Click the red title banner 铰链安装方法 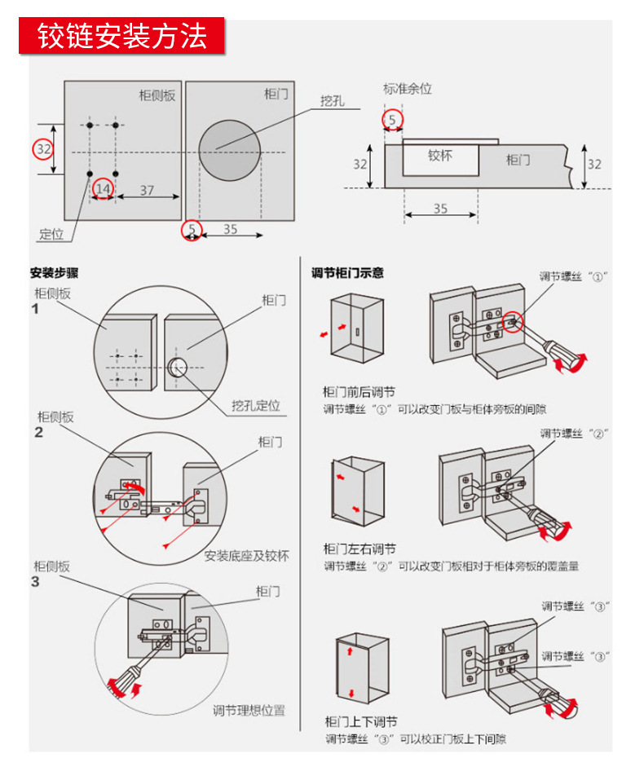point(121,37)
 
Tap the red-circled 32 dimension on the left point(43,149)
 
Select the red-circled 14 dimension point(103,189)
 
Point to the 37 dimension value point(146,189)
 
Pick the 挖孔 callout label point(333,101)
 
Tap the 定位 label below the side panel point(51,234)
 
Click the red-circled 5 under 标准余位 point(393,120)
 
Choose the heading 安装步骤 point(55,273)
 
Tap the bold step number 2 point(38,432)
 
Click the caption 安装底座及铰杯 point(247,557)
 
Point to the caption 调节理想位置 point(249,710)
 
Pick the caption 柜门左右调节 point(359,549)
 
